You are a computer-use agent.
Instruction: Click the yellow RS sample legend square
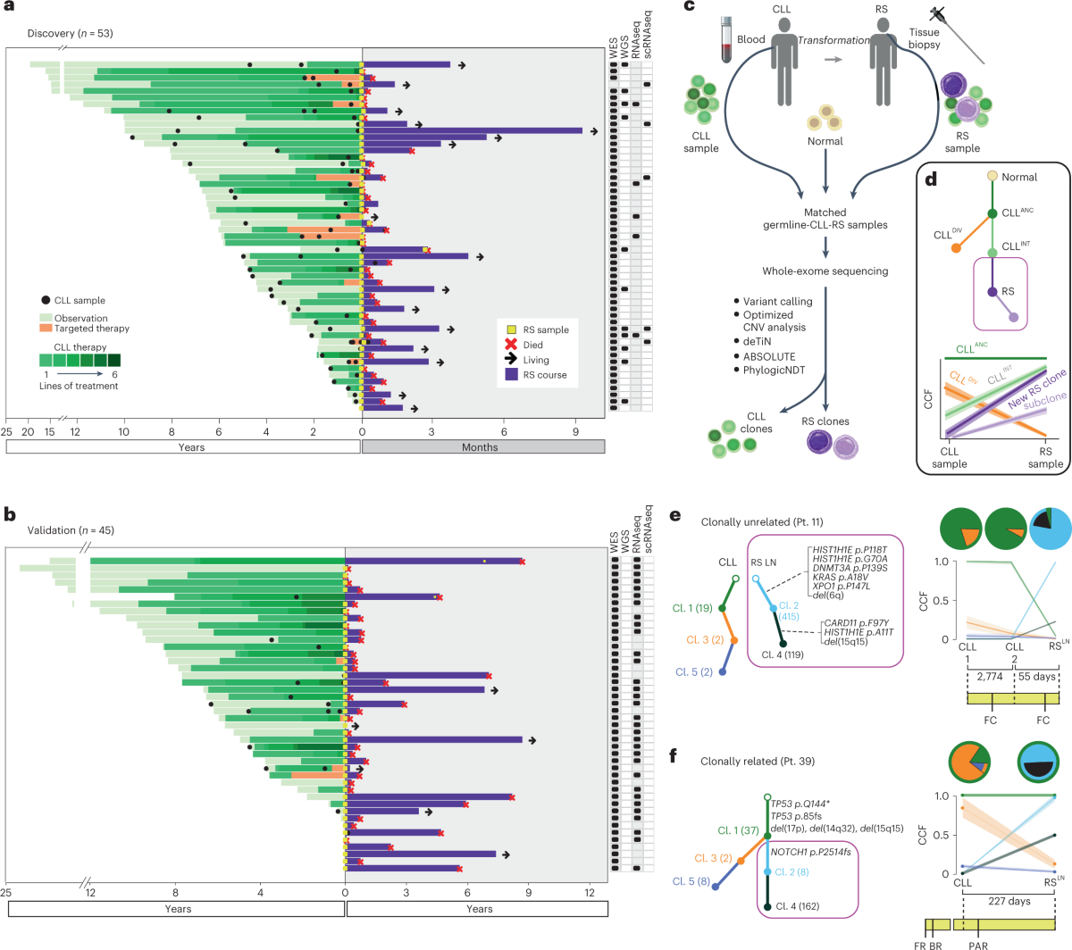(x=512, y=330)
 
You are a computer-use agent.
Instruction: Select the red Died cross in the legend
(x=512, y=345)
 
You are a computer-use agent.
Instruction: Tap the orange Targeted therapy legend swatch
(x=46, y=329)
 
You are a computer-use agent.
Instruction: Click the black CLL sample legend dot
(x=46, y=301)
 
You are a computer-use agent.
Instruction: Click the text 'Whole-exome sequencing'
(x=825, y=271)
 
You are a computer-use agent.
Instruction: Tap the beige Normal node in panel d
(x=992, y=177)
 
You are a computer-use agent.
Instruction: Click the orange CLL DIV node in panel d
(x=957, y=247)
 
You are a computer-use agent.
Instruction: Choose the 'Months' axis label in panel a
(x=480, y=447)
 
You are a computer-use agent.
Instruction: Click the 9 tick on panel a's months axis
(x=575, y=431)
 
